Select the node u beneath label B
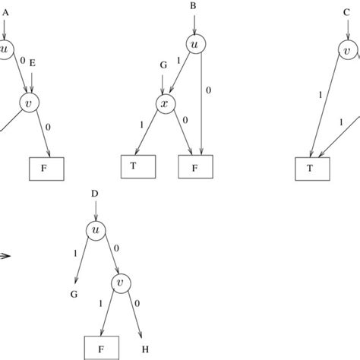click(197, 45)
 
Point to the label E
click(32, 66)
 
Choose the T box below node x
click(137, 166)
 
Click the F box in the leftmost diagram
click(47, 166)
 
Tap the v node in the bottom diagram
click(122, 283)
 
